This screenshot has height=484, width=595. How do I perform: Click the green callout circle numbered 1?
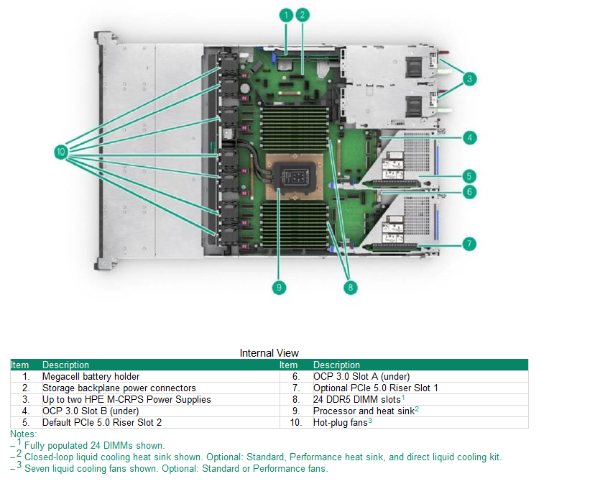(286, 14)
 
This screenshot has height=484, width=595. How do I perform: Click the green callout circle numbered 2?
(303, 14)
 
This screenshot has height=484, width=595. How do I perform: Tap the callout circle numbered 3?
(469, 78)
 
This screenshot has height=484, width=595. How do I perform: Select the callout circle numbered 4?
(469, 137)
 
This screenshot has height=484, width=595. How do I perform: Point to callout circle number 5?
(469, 175)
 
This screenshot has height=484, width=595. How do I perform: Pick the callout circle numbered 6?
(469, 192)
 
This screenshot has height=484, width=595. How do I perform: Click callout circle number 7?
(469, 244)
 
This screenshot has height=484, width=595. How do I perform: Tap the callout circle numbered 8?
(350, 288)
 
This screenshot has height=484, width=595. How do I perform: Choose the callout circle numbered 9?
(280, 288)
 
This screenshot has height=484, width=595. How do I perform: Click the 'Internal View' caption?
(269, 353)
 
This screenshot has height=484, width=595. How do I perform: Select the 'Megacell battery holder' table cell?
(91, 376)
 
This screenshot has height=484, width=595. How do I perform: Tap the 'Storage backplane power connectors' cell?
(119, 388)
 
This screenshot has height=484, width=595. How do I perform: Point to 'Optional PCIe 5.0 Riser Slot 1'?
(375, 388)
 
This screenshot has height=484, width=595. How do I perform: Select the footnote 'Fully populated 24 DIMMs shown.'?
(94, 446)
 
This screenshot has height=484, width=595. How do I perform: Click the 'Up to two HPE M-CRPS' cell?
(126, 399)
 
